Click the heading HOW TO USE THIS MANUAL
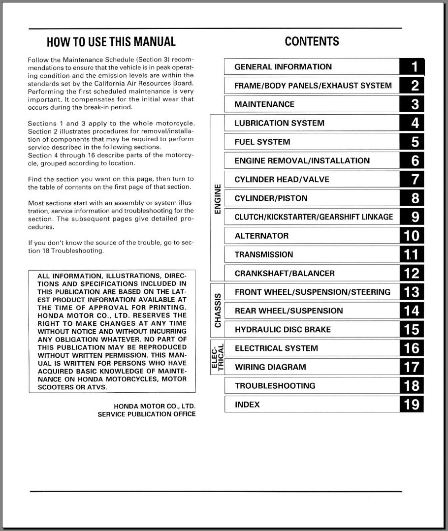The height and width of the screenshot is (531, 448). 111,42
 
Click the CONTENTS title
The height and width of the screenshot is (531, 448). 312,42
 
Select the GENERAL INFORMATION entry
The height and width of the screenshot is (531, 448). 283,67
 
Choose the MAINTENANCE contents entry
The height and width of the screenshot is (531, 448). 264,104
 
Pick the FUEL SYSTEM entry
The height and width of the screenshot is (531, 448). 262,142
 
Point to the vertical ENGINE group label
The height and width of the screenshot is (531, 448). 218,198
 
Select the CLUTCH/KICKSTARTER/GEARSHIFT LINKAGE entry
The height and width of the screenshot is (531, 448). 314,217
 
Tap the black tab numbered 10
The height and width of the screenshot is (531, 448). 412,236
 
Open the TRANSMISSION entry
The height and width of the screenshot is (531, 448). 264,255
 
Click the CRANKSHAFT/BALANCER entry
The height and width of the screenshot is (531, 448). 285,274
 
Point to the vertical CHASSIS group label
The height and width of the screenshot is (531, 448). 218,311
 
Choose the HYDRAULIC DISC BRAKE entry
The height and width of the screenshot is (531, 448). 283,330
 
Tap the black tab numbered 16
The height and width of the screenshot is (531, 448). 412,348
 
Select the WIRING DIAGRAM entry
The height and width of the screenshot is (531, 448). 270,367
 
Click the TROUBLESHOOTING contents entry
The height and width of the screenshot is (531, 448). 275,386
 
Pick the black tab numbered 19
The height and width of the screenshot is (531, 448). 412,405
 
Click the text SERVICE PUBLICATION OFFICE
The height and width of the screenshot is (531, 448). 146,414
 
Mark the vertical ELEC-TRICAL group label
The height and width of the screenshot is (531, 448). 218,358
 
